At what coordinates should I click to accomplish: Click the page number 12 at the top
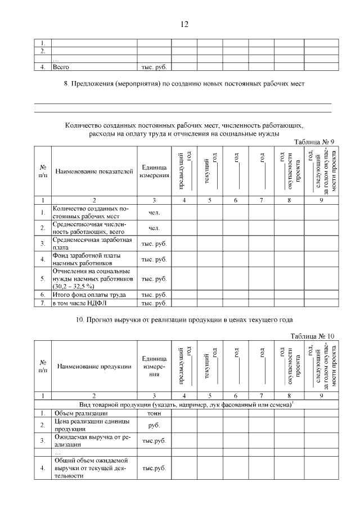[x=184, y=24]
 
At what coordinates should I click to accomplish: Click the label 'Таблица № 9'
[x=314, y=142]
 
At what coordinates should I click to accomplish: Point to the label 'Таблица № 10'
[x=312, y=336]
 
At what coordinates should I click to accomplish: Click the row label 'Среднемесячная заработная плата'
[x=92, y=244]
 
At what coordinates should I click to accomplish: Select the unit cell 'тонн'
[x=154, y=413]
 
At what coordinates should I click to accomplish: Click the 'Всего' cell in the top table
[x=60, y=67]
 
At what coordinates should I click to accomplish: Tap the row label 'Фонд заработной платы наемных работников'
[x=87, y=259]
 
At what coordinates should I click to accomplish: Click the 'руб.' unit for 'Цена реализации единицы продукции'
[x=154, y=426]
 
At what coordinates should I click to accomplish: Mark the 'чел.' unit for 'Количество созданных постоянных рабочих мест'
[x=154, y=213]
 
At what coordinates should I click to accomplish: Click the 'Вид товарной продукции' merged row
[x=186, y=405]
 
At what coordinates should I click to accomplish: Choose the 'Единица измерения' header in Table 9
[x=154, y=172]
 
